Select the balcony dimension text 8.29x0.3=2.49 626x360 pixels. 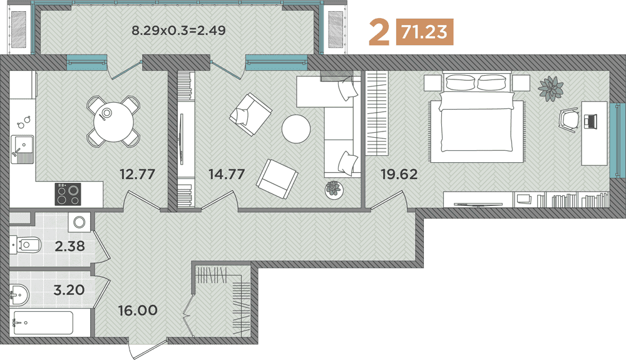[178, 29]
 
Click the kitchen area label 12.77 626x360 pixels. [137, 174]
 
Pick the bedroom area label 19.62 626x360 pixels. [399, 174]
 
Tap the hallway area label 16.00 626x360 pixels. [137, 310]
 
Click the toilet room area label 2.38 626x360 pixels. [69, 246]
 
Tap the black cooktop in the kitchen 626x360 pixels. [69, 193]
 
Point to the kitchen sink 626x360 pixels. [21, 148]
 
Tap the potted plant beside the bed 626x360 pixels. [551, 88]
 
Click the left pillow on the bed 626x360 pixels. [460, 82]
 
